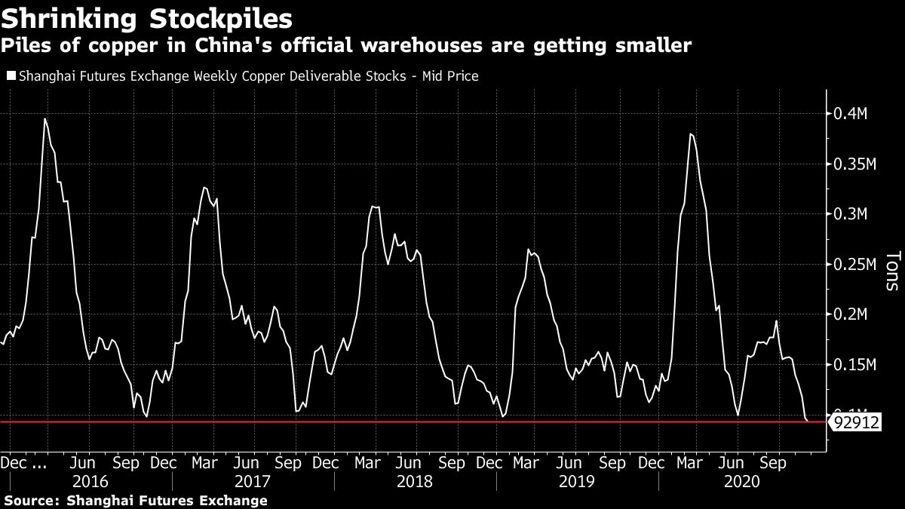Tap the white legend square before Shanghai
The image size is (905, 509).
click(x=10, y=76)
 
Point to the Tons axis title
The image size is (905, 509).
click(x=892, y=271)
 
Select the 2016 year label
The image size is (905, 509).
click(x=90, y=481)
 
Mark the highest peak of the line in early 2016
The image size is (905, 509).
click(x=45, y=118)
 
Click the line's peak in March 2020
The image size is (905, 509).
click(x=691, y=134)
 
